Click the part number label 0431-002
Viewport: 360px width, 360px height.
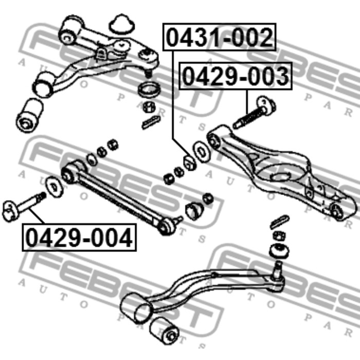point(219,37)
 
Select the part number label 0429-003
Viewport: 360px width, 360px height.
point(236,76)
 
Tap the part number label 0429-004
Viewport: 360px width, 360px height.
point(79,238)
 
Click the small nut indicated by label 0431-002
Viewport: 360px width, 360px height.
point(190,163)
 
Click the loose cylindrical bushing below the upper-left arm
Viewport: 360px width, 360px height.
point(29,115)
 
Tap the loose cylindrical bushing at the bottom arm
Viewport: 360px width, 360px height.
point(164,330)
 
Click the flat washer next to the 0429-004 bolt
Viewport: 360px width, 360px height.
point(55,187)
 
